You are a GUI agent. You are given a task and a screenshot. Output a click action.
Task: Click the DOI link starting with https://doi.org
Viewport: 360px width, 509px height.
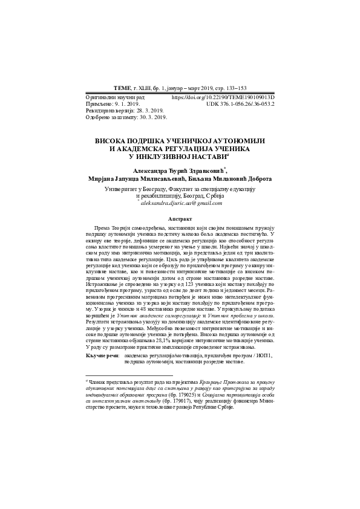[x=223, y=97]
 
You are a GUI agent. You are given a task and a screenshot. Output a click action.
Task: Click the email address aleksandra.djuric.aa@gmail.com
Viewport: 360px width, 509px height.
[x=180, y=204]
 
